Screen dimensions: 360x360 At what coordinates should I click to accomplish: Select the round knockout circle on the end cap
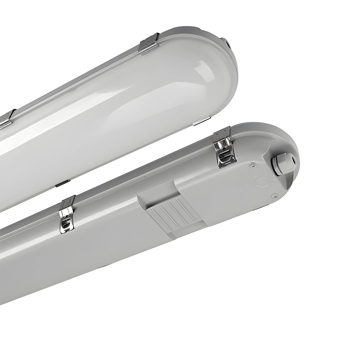[262, 181]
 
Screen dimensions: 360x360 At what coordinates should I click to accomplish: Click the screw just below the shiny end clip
[253, 165]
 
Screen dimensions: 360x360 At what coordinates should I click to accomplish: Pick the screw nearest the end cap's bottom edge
[274, 196]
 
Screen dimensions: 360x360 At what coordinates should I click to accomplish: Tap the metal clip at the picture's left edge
[6, 119]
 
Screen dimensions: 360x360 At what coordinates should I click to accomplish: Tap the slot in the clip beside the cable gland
[224, 156]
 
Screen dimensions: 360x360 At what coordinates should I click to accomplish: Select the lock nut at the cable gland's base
[276, 166]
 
